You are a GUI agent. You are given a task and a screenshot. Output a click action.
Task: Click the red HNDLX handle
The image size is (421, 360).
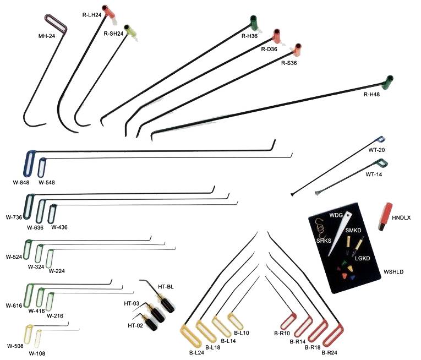(386, 216)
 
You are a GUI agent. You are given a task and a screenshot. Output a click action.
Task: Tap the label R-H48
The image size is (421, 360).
(371, 94)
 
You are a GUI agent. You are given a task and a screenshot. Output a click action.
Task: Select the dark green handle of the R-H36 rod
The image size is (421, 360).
(254, 23)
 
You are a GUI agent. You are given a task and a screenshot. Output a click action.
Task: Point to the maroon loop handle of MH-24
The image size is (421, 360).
(56, 25)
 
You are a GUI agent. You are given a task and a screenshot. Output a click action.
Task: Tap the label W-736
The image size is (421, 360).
(14, 217)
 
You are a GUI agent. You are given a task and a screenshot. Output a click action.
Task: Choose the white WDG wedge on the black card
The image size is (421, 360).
(339, 234)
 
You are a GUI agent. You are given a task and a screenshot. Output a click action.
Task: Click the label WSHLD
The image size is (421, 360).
(393, 271)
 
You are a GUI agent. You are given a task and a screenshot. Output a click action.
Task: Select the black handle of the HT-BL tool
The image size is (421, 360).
(167, 306)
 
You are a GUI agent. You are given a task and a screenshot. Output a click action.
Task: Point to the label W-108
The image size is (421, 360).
(37, 353)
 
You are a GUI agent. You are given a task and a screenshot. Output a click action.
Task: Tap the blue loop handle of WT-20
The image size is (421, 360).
(380, 139)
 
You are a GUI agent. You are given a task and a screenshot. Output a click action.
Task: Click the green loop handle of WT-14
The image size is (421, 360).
(382, 163)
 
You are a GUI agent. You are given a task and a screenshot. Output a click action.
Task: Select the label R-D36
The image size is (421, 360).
(269, 49)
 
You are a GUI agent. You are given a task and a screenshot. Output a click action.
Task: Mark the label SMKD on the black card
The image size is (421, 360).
(353, 230)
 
